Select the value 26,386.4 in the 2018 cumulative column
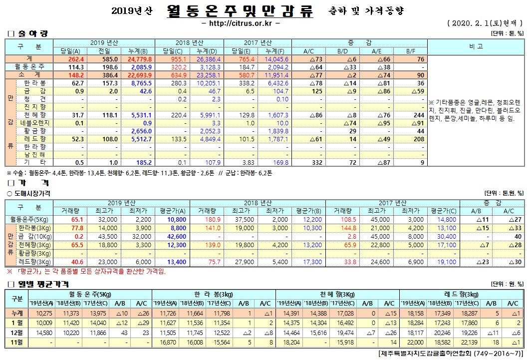click(x=209, y=58)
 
